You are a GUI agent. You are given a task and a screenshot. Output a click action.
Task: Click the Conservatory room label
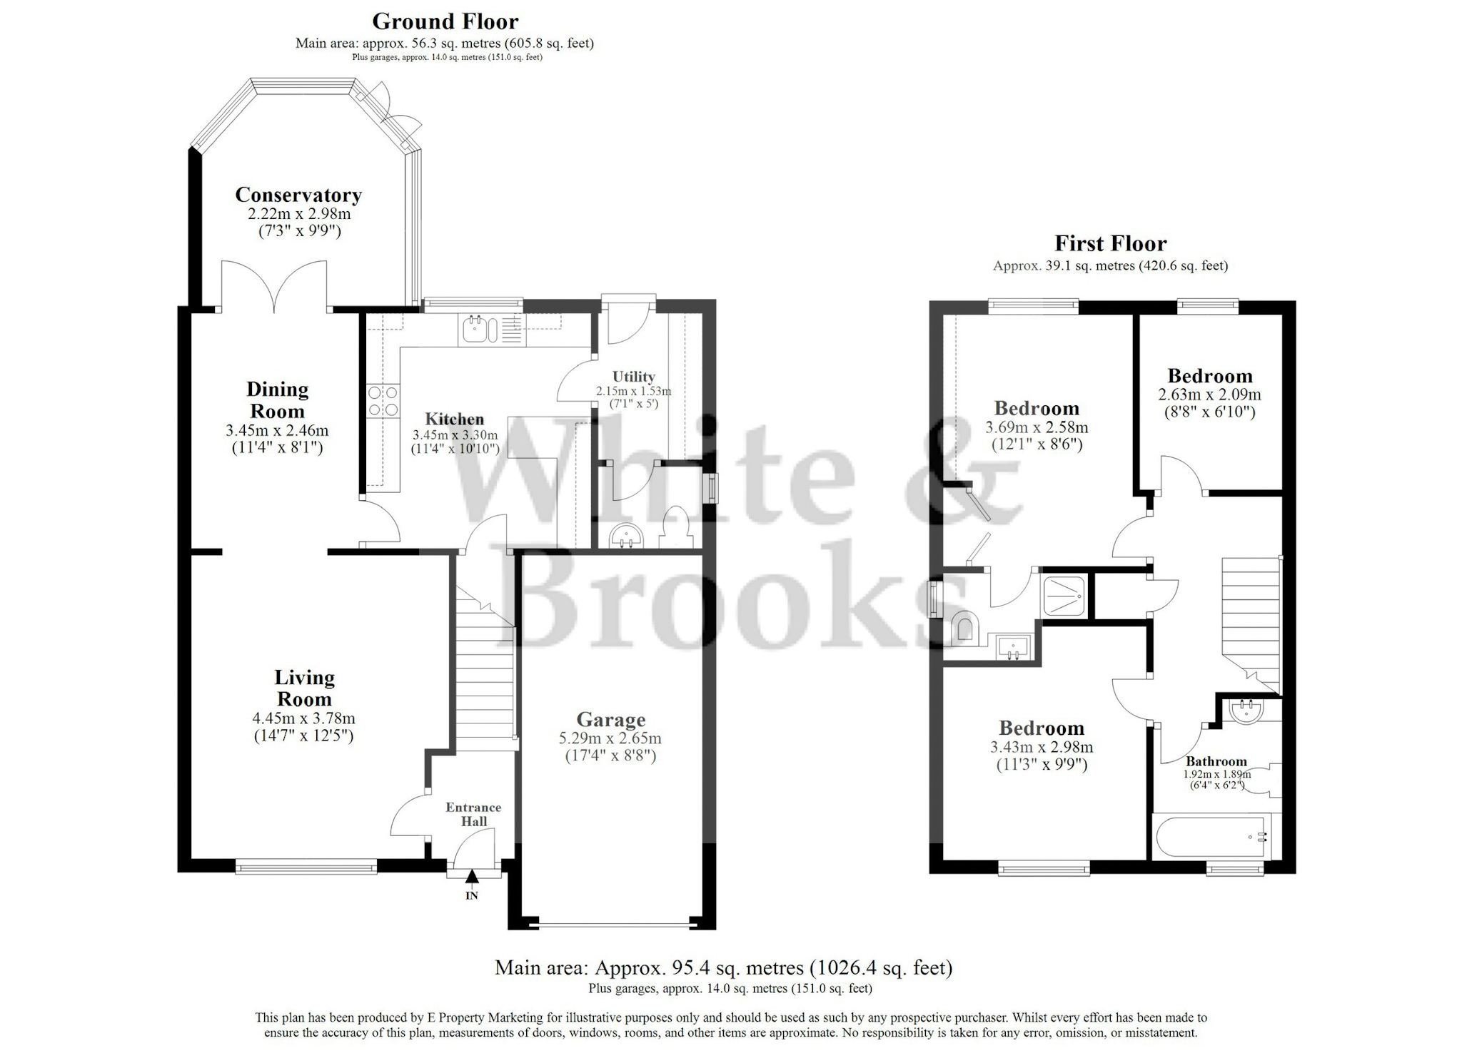(298, 195)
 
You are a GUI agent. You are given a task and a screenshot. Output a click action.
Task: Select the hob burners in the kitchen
(383, 400)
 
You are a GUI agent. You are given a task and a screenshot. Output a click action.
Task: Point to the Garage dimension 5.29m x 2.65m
(610, 738)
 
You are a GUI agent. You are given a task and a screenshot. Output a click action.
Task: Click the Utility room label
(633, 376)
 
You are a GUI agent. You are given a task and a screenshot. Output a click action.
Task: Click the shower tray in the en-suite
(1064, 595)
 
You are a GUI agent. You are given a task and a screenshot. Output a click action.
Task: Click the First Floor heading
(1110, 243)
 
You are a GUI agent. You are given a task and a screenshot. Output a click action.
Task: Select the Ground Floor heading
(445, 21)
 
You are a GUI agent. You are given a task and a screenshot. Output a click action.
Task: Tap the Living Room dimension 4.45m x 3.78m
(303, 718)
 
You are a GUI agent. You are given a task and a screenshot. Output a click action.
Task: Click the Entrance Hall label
(473, 814)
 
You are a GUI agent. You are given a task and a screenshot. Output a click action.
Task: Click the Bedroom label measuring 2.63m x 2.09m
(1209, 376)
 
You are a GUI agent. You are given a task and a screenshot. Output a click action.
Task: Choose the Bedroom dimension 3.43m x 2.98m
(1041, 747)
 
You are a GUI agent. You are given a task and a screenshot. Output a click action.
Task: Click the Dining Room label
(277, 400)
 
